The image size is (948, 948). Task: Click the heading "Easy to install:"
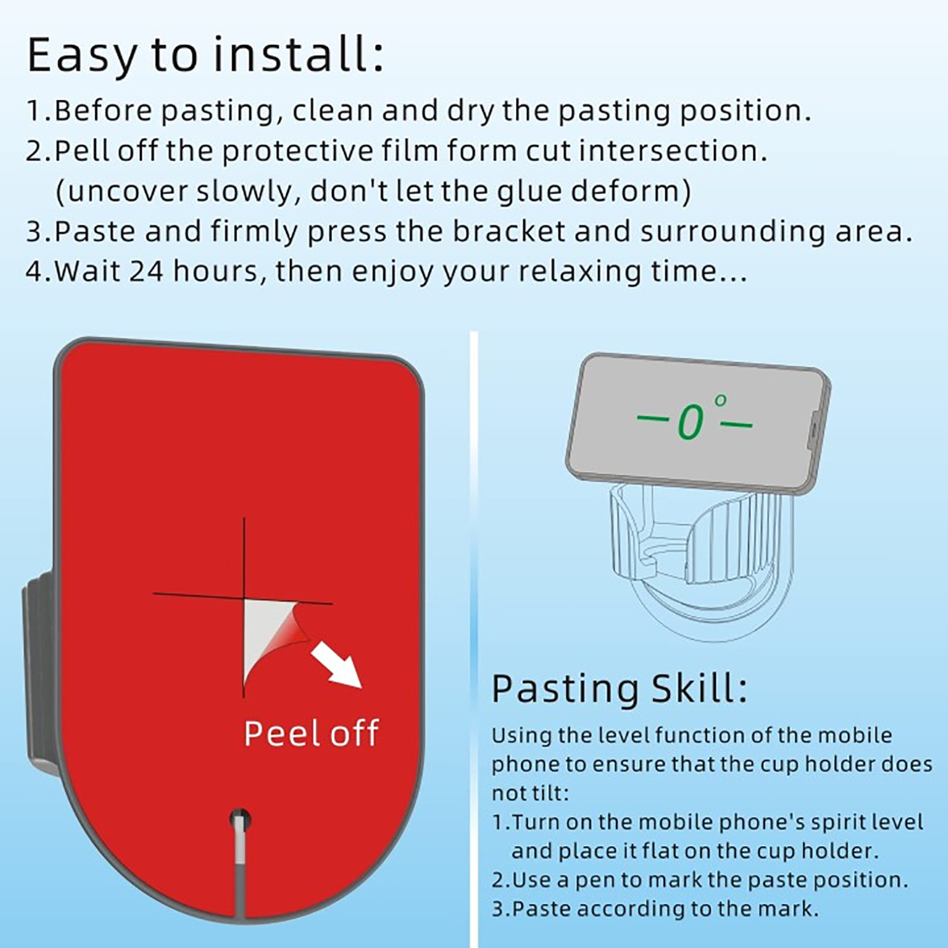click(x=205, y=55)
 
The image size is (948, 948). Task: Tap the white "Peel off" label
click(x=311, y=734)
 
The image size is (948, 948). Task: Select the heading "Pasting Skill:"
click(x=620, y=689)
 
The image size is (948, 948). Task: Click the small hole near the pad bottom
click(x=240, y=820)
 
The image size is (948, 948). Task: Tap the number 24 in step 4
click(x=146, y=271)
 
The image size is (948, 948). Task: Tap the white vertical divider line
click(x=473, y=640)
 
